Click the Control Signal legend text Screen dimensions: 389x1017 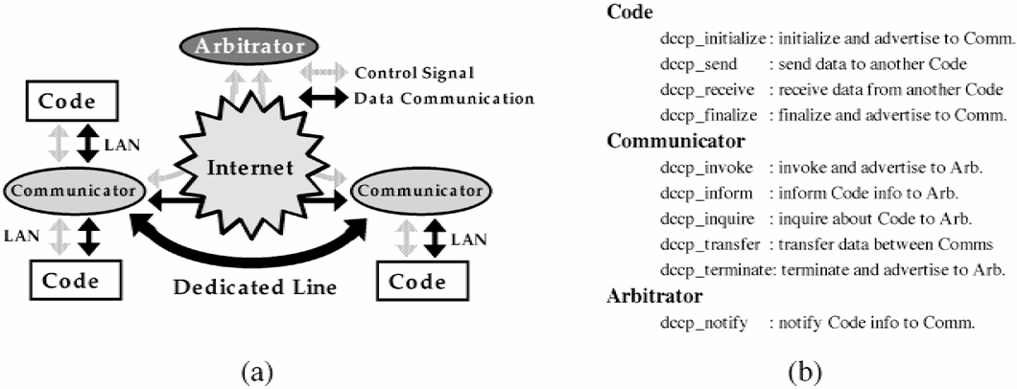pos(412,72)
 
